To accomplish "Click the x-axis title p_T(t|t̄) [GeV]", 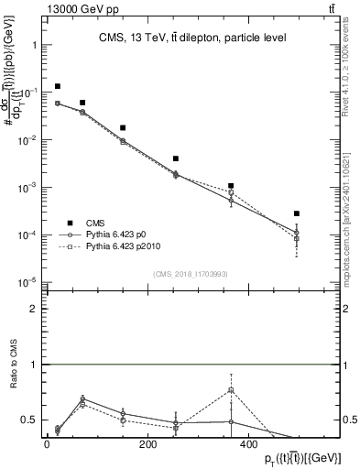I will (292, 457).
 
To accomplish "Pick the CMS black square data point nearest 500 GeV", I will (297, 213).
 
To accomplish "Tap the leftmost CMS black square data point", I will (58, 86).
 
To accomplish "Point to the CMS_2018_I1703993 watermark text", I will (191, 274).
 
